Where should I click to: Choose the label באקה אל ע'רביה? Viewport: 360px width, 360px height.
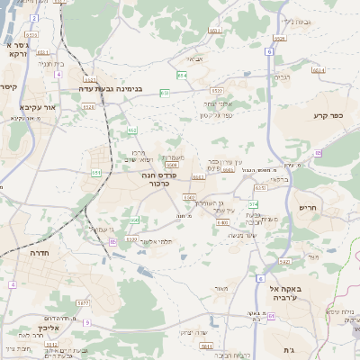[287, 291]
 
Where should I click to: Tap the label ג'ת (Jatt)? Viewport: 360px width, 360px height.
[289, 349]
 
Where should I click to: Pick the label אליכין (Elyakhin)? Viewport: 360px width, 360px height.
[49, 328]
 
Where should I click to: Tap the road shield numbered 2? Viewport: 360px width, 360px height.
[34, 18]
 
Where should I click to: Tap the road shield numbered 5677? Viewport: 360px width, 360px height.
[84, 303]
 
